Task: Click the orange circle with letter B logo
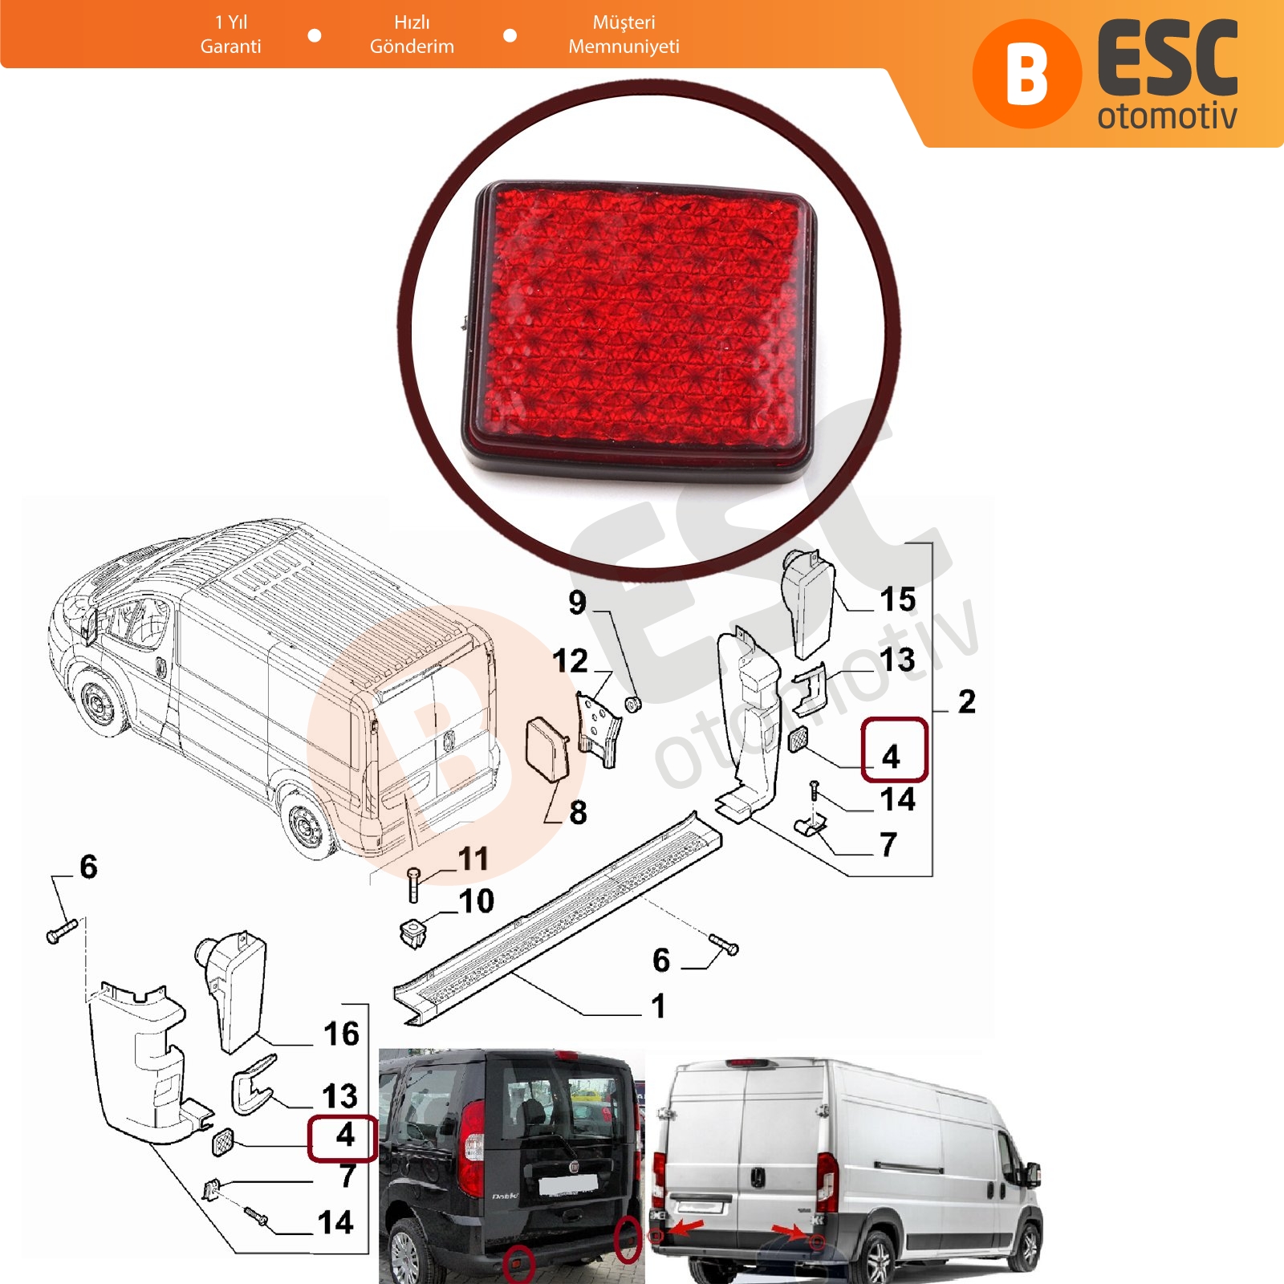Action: coord(1026,74)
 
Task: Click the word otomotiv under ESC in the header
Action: coord(1167,116)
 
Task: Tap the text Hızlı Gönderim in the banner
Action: coord(412,35)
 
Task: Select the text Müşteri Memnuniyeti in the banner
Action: coord(624,35)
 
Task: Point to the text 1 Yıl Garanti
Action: coord(231,35)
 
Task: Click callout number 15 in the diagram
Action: coord(897,599)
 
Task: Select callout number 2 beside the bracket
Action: coord(967,701)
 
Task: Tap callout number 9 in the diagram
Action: coord(578,603)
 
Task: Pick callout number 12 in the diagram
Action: coord(570,661)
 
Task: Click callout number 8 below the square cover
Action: coord(578,812)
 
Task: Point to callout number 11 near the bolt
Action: coord(473,859)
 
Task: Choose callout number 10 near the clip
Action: coord(477,901)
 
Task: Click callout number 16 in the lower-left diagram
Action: coord(341,1034)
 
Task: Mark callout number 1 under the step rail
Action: coord(659,1006)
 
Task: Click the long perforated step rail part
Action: coord(558,917)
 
